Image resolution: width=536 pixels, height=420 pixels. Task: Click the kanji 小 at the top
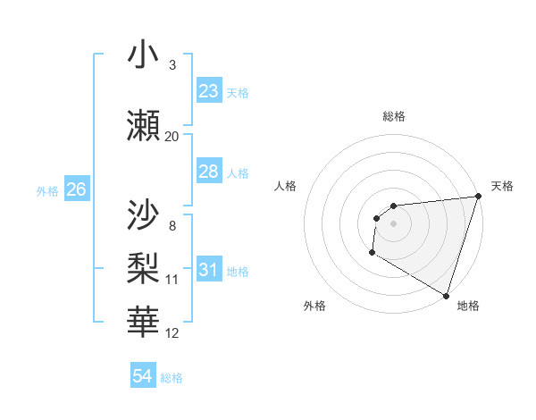144,56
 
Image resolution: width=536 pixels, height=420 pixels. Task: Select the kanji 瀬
144,125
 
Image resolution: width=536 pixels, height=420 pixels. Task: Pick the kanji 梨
144,266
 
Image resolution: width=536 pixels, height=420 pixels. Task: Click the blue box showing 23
209,91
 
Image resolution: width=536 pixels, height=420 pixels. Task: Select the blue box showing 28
209,172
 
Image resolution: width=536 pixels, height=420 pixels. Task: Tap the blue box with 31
209,270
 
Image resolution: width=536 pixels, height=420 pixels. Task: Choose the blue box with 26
77,189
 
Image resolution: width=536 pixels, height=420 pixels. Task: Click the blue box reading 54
143,376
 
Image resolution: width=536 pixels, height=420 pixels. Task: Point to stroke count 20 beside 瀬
172,137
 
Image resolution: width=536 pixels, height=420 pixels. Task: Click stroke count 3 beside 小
172,65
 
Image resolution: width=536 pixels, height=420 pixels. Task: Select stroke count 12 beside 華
172,333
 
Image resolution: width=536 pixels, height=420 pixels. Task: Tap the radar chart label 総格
394,116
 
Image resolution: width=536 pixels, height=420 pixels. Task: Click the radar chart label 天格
502,186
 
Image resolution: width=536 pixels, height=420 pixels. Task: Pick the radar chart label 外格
314,306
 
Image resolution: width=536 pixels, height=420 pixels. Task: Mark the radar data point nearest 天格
478,197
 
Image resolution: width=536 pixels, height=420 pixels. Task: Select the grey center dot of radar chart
393,223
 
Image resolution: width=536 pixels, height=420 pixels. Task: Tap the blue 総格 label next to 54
172,378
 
